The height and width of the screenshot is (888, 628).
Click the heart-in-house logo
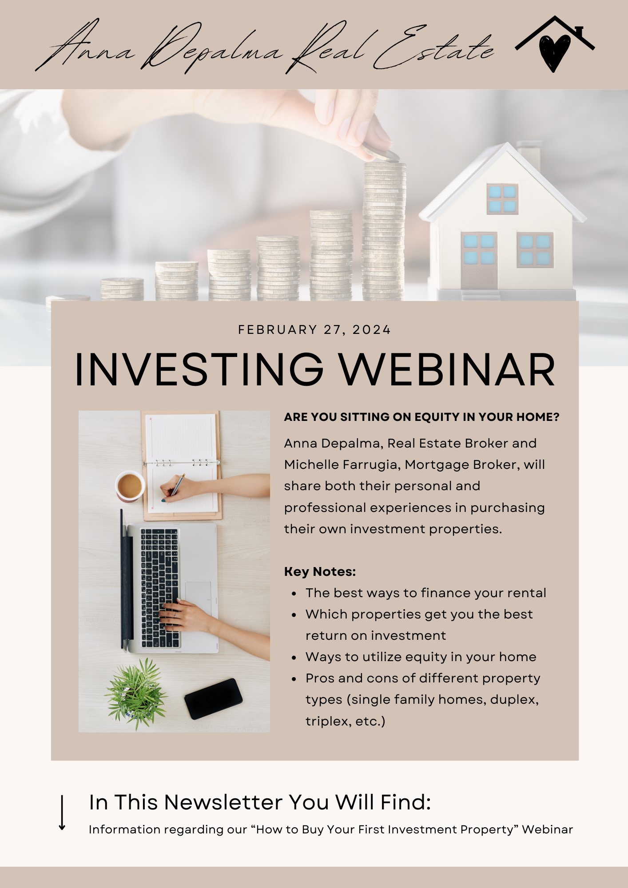tap(555, 44)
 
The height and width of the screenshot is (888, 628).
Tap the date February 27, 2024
tap(314, 329)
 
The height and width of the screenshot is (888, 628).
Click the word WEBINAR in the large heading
tap(447, 369)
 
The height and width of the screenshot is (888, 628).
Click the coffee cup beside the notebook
tap(130, 486)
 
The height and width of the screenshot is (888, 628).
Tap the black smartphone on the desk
tap(214, 698)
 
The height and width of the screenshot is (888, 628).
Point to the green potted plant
tap(136, 694)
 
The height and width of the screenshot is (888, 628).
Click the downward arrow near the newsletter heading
tap(62, 813)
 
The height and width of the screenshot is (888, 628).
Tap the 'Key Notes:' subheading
tap(320, 571)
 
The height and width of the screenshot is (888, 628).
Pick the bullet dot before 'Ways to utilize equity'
tap(294, 658)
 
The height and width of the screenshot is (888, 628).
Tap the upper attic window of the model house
tap(502, 199)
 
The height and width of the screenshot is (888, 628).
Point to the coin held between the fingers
tap(381, 154)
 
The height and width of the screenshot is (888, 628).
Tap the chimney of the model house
tap(529, 155)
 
